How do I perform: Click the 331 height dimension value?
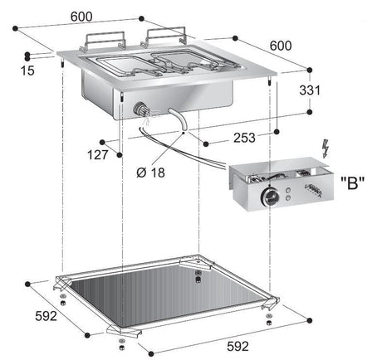(310, 90)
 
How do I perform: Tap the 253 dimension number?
(244, 138)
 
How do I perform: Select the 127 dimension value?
(97, 155)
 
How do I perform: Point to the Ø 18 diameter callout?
(150, 173)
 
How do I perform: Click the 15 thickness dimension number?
(27, 71)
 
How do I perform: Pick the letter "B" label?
(352, 182)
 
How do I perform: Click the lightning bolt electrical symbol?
(326, 148)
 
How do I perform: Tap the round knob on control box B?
(270, 197)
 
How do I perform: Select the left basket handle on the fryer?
(103, 41)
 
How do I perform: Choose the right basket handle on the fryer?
(164, 36)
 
